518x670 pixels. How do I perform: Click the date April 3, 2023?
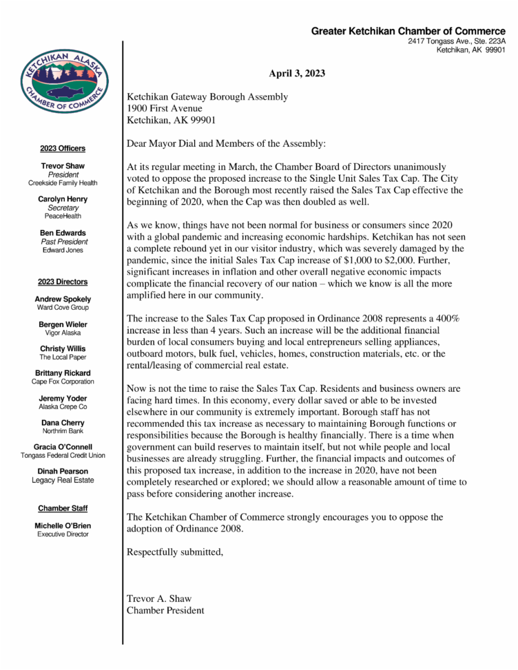tap(297, 73)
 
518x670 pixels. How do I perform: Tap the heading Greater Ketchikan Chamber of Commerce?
tap(408, 31)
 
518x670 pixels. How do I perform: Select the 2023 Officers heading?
tap(63, 148)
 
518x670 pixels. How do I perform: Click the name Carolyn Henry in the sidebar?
tap(63, 199)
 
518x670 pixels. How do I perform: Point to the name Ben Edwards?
tap(63, 233)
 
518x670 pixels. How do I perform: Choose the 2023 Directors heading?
tap(63, 282)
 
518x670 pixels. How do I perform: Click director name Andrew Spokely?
tap(63, 299)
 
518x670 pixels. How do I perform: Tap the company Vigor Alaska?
tap(63, 333)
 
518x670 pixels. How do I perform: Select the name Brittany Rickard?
tap(63, 373)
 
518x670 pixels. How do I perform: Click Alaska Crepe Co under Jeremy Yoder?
tap(63, 407)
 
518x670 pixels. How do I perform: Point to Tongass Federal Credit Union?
tap(63, 456)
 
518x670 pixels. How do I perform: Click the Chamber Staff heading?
tap(63, 508)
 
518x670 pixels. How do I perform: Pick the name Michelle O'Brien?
tap(63, 526)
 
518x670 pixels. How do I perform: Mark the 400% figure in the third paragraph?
tap(448, 319)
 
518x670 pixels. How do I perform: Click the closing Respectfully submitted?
tap(175, 552)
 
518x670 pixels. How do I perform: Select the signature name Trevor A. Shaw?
tap(159, 599)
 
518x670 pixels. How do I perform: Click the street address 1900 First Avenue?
tap(164, 108)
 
